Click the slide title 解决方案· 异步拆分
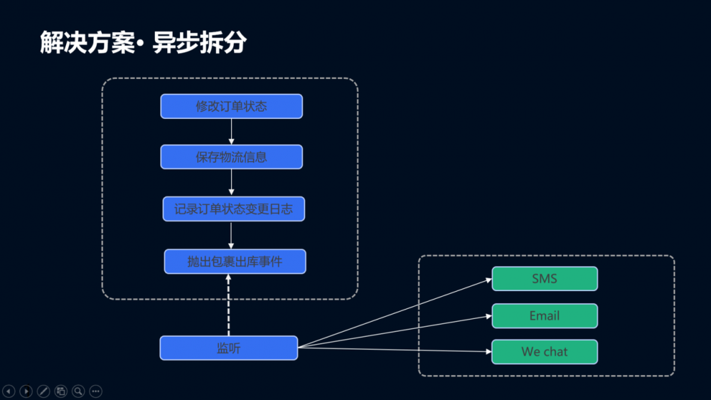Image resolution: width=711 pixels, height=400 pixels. coord(143,43)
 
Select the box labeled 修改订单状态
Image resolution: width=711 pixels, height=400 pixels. coord(231,106)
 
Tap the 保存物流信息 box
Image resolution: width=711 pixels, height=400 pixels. coord(231,157)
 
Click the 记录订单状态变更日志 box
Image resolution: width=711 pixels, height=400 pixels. coord(233,209)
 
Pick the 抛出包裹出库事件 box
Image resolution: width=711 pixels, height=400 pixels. coord(235,261)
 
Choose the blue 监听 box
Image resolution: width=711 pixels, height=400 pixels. coord(228,348)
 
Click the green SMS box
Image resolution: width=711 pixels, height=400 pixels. coord(545,279)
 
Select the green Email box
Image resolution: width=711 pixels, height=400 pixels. coord(545,316)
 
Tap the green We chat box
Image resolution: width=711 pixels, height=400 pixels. coord(545,352)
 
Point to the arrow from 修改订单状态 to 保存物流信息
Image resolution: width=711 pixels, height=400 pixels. coord(231,132)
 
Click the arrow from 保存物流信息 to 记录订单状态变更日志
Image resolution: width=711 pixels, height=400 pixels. coord(231,183)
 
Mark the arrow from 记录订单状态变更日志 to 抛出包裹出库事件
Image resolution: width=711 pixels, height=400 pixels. coord(231,236)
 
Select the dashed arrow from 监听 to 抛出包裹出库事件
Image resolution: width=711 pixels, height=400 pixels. coord(228,306)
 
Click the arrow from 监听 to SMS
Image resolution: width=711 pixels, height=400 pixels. coord(395,313)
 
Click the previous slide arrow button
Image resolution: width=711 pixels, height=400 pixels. coord(9,391)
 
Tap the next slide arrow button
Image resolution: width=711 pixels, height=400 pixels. coord(26,391)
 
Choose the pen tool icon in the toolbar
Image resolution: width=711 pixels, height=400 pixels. coord(43,391)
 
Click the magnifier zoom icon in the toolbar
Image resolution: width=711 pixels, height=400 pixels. coord(78,391)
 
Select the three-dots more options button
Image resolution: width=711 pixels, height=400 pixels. coord(95,391)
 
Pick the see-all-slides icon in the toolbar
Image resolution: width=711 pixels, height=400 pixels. coord(61,391)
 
